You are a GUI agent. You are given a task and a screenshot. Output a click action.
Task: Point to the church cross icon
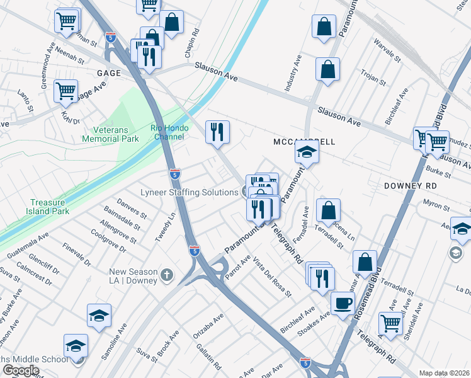166,275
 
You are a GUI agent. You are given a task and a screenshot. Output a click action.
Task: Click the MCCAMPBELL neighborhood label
304,142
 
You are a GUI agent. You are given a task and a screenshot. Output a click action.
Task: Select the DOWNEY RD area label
410,186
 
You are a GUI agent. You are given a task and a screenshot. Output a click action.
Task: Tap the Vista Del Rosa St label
274,278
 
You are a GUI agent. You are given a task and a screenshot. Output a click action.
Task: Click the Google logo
21,370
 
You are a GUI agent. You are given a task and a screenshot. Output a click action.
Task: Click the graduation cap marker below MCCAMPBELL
306,152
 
